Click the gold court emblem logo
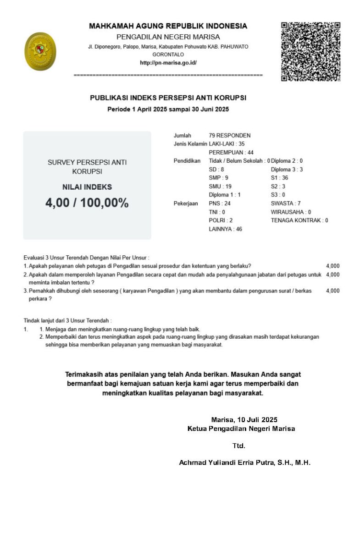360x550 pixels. (x=40, y=51)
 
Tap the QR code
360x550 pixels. (x=310, y=51)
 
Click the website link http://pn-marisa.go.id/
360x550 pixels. (x=168, y=63)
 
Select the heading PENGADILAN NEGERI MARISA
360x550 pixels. (x=168, y=37)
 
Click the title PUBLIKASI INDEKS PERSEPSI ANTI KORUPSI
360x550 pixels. (x=168, y=98)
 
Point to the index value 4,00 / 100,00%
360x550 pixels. (x=87, y=203)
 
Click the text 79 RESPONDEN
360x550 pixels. (x=230, y=135)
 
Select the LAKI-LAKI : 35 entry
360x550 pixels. (x=227, y=143)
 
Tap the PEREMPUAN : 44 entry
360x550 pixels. (x=231, y=152)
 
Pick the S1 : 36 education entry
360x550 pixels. (x=279, y=178)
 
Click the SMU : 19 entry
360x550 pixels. (x=220, y=186)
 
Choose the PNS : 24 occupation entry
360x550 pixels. (x=220, y=203)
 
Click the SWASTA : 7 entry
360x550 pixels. (x=286, y=203)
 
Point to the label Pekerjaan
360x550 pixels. (x=186, y=203)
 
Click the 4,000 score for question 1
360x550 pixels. (x=332, y=266)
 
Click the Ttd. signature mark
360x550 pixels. (x=239, y=445)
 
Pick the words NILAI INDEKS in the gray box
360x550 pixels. (x=87, y=187)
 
